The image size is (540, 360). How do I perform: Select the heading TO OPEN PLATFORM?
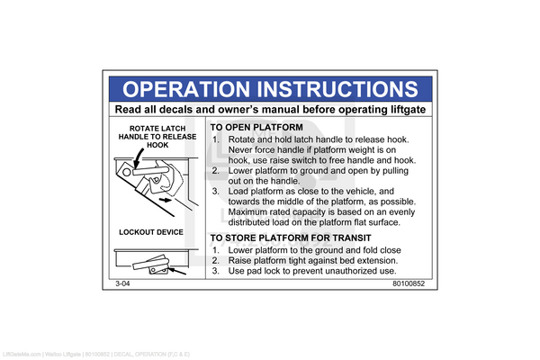(256, 128)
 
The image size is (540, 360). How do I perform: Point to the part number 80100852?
(408, 283)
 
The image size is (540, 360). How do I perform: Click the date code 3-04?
(123, 283)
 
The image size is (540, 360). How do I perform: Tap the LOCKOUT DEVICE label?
(151, 232)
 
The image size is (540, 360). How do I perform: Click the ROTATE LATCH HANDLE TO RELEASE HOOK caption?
(157, 136)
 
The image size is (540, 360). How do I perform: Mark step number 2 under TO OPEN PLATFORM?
(216, 171)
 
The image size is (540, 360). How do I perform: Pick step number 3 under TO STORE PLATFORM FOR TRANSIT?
(216, 271)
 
